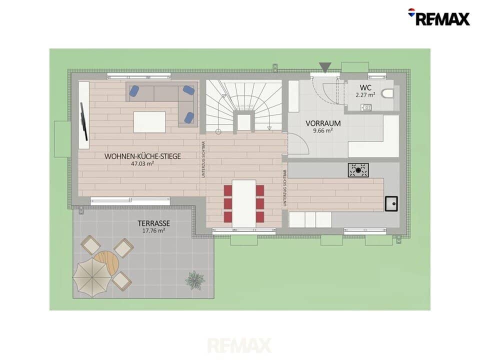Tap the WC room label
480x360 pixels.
point(365,87)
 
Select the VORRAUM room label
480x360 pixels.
point(323,123)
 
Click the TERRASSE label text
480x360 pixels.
point(153,223)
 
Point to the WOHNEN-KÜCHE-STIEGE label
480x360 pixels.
point(142,156)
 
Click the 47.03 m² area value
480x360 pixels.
point(142,164)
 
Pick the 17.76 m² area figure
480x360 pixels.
point(153,230)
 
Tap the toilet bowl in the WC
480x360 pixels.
point(387,93)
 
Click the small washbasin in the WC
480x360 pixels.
point(366,107)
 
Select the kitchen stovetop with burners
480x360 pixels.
point(358,170)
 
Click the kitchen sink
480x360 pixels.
point(391,204)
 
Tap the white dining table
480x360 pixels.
point(243,203)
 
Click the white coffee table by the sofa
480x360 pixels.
point(149,122)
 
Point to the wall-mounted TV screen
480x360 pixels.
point(84,121)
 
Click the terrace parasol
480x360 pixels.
point(92,277)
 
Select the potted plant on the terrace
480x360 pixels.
point(194,280)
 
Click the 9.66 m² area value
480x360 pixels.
point(323,130)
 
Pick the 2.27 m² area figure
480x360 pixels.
point(365,95)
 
